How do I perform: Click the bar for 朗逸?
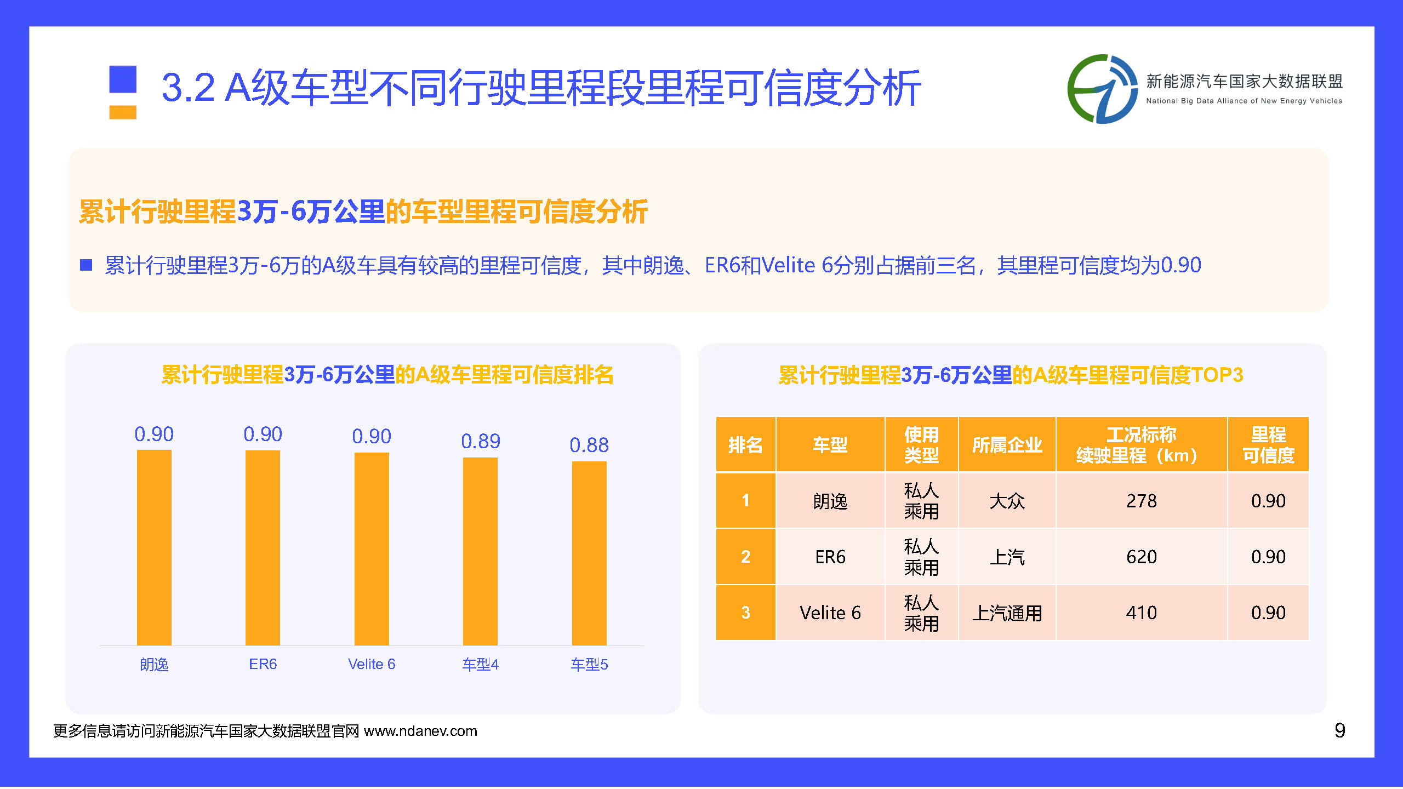coord(154,547)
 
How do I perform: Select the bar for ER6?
coord(263,547)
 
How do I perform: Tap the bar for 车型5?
coord(589,553)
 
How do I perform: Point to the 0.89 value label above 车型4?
coord(481,441)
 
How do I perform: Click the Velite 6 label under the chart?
coord(372,664)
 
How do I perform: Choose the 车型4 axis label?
coord(481,665)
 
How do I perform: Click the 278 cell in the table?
coord(1142,501)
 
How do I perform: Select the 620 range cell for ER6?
coord(1142,557)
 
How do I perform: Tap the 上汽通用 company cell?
coord(1007,613)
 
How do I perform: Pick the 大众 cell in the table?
coord(1007,501)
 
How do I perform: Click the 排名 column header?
coord(745,444)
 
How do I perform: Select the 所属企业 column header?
coord(1007,444)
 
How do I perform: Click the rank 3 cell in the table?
coord(745,613)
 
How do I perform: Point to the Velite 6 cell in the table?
coord(830,613)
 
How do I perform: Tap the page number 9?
coord(1339,730)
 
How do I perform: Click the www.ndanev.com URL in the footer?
coord(420,731)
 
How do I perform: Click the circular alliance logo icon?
coord(1102,89)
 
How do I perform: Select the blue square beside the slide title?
coord(123,79)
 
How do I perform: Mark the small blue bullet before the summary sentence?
coord(86,265)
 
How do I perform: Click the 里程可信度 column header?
coord(1268,444)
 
